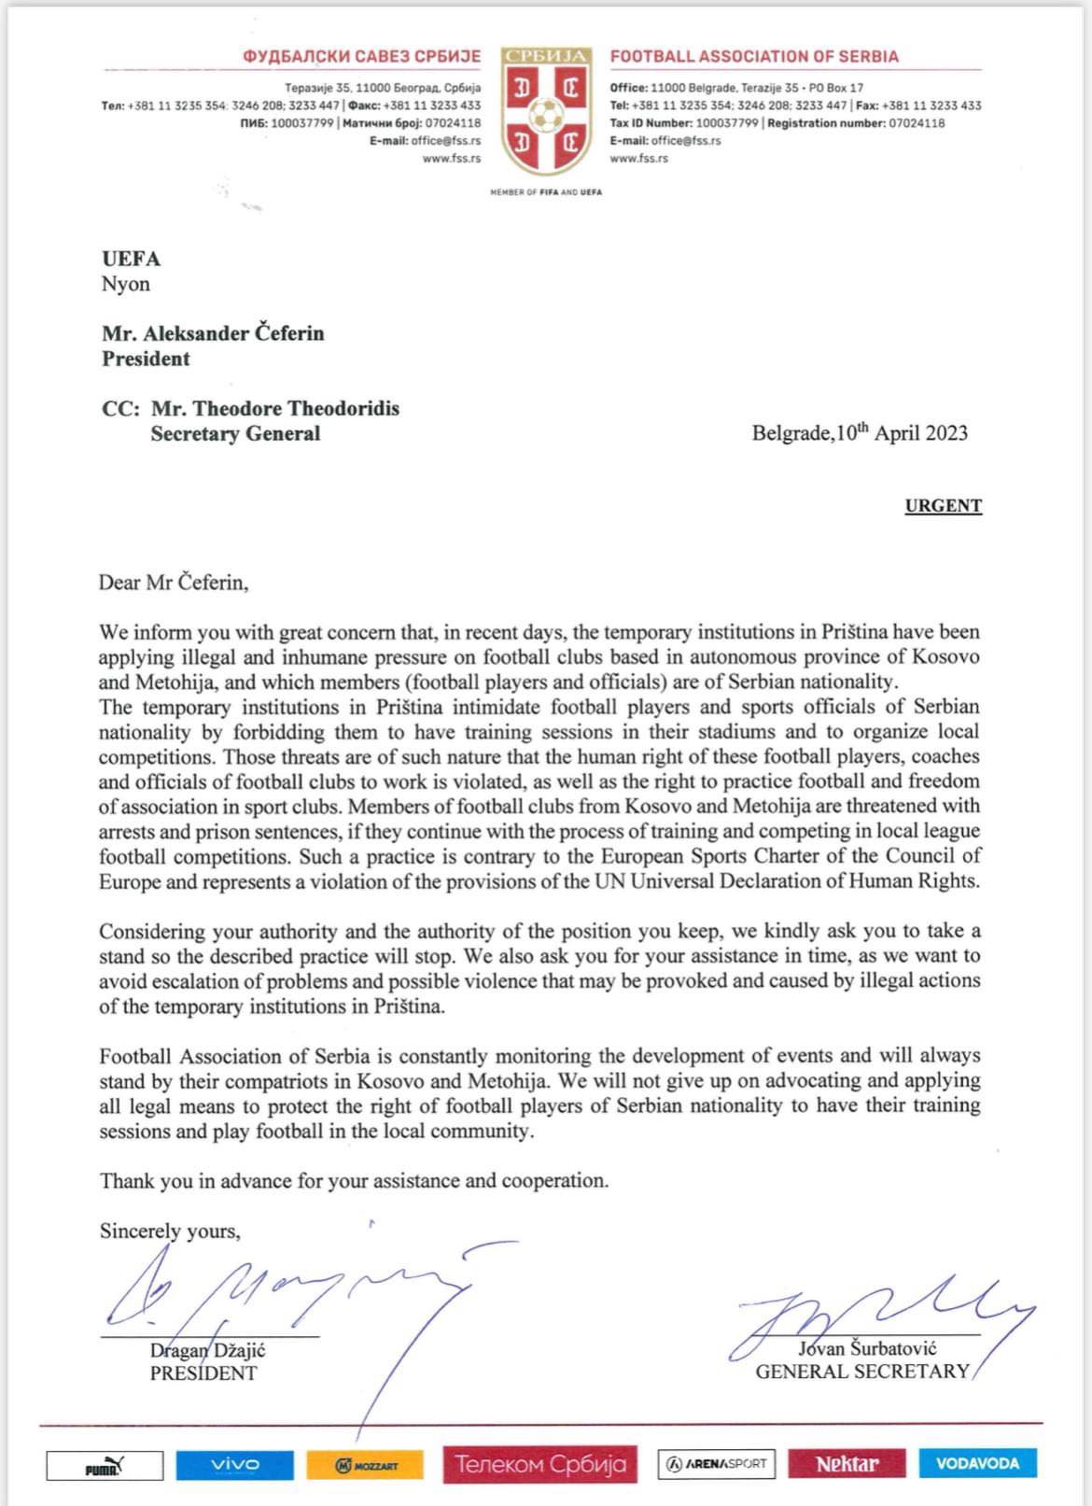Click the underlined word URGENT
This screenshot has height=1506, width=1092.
[x=943, y=506]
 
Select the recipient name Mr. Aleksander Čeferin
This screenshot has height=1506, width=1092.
[x=213, y=333]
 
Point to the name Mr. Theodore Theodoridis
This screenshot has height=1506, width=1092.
[x=274, y=409]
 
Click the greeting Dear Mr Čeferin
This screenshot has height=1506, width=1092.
[x=174, y=583]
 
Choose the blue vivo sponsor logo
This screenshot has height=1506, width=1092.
[x=234, y=1464]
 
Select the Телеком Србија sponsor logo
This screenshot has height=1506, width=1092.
[x=540, y=1464]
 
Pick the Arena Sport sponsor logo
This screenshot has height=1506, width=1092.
[x=717, y=1464]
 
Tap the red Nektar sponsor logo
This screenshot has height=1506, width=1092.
[x=847, y=1464]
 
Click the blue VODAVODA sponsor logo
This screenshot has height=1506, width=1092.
[x=976, y=1463]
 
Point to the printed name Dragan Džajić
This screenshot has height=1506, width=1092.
[x=208, y=1350]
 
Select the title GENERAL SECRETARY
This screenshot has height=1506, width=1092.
[x=862, y=1372]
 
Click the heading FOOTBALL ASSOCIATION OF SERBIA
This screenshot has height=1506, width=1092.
[x=754, y=56]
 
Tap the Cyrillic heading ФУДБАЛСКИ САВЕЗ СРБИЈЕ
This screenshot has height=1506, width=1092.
[x=362, y=56]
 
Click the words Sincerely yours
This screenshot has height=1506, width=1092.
[x=170, y=1231]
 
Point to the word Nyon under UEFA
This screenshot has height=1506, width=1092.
[x=126, y=284]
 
